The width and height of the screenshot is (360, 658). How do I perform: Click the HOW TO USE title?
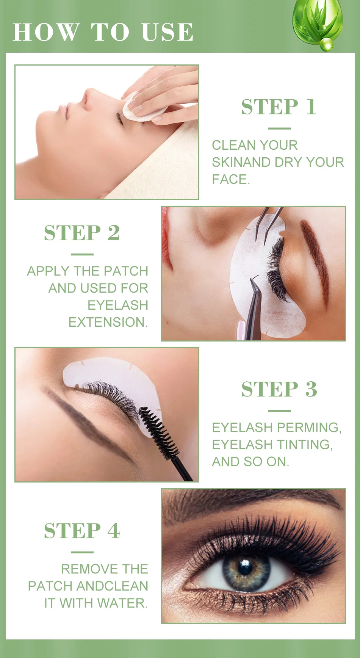pos(103,32)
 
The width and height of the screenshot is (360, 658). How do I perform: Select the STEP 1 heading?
pos(279,107)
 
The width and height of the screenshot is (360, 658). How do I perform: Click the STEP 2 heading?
pos(82,233)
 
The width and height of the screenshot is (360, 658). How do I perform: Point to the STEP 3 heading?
pos(279,389)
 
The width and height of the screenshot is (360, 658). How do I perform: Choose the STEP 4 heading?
pos(82,530)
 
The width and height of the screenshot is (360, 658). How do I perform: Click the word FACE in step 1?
pos(229,179)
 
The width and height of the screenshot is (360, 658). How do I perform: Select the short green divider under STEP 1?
pos(279,128)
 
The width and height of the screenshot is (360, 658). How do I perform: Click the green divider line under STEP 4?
pos(82,552)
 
